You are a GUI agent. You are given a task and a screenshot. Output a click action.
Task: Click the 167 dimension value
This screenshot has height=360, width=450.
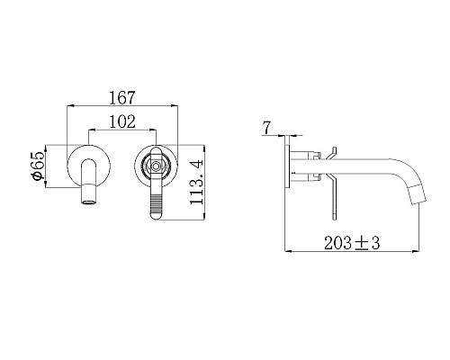click(122, 97)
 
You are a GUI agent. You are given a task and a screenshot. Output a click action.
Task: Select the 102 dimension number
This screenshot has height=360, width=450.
click(122, 121)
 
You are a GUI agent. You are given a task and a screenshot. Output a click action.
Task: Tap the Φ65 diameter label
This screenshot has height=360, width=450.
click(39, 166)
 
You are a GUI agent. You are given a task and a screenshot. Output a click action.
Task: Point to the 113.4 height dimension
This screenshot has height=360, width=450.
click(197, 183)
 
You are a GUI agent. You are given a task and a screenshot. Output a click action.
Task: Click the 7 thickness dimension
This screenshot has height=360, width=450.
click(266, 128)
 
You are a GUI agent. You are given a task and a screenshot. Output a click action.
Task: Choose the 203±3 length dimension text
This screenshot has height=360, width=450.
click(352, 242)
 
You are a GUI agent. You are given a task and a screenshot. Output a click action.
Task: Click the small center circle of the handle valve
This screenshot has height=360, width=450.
click(156, 166)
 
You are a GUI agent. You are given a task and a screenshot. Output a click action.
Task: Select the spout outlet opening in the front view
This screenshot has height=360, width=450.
click(89, 202)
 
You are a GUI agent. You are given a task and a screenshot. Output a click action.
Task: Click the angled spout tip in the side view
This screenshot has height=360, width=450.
click(418, 196)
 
